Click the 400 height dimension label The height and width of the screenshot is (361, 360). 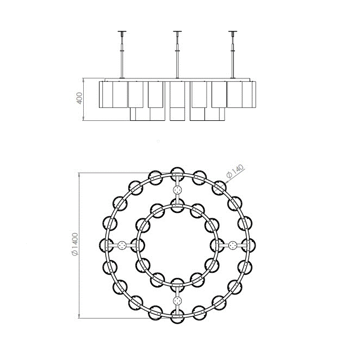pos(79,98)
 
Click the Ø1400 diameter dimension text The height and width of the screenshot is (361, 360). pos(75,244)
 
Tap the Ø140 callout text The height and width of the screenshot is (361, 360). pos(235,171)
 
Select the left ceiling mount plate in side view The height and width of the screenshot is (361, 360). pos(122,32)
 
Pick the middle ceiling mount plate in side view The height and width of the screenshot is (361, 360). pos(177,32)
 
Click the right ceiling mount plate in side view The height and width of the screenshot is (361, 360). pos(233,32)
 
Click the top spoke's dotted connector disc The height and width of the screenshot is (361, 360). pos(177,190)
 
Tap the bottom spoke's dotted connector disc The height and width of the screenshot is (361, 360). pos(177,301)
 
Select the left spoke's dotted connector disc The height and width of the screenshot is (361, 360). pos(122,246)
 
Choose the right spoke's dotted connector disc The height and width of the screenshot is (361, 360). pos(233,246)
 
